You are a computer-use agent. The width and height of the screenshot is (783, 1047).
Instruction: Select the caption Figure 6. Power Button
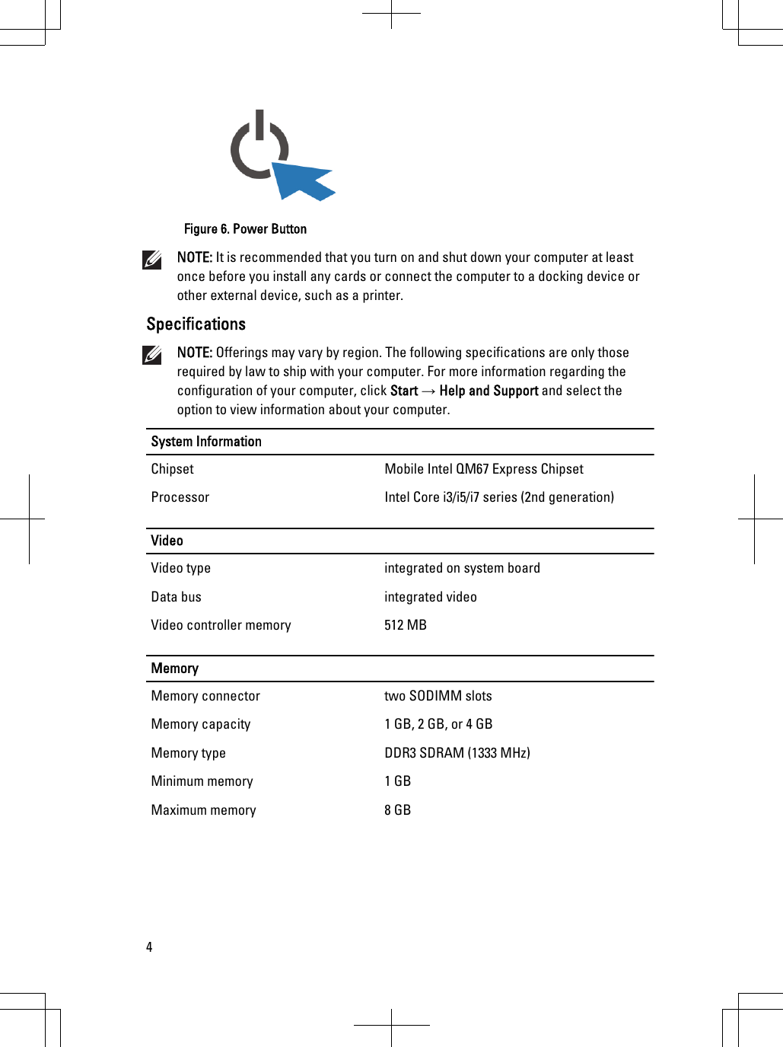pos(245,229)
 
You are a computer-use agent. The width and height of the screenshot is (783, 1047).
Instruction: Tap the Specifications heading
pos(196,324)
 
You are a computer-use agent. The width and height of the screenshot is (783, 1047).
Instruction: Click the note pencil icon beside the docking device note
pos(152,260)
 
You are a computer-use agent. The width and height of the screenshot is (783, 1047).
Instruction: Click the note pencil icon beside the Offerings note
pos(152,355)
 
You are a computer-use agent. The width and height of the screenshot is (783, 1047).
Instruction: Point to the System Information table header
pos(206,442)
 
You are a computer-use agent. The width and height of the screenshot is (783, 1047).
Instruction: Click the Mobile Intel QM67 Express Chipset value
pos(484,469)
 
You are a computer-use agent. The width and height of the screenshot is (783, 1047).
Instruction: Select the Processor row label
pos(180,497)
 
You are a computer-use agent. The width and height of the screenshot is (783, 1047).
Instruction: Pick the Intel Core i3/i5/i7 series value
pos(498,497)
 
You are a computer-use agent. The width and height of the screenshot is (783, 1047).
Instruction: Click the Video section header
pos(167,541)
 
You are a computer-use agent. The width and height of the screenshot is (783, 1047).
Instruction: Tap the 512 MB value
pos(405,625)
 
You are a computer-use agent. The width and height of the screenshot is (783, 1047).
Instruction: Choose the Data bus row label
pos(176,597)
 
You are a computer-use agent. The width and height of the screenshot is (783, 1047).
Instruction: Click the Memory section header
pos(174,669)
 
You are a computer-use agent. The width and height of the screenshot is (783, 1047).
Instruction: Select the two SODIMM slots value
pos(438,696)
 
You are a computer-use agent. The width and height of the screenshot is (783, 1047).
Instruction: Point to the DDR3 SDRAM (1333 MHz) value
pos(457,753)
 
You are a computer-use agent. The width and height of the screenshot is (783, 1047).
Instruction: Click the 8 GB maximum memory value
pos(397,810)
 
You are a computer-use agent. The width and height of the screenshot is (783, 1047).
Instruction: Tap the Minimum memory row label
pos(202,781)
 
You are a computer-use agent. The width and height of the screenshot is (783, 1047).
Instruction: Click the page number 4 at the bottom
pos(149,947)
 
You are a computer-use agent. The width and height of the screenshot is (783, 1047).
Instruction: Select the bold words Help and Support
pos(489,391)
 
